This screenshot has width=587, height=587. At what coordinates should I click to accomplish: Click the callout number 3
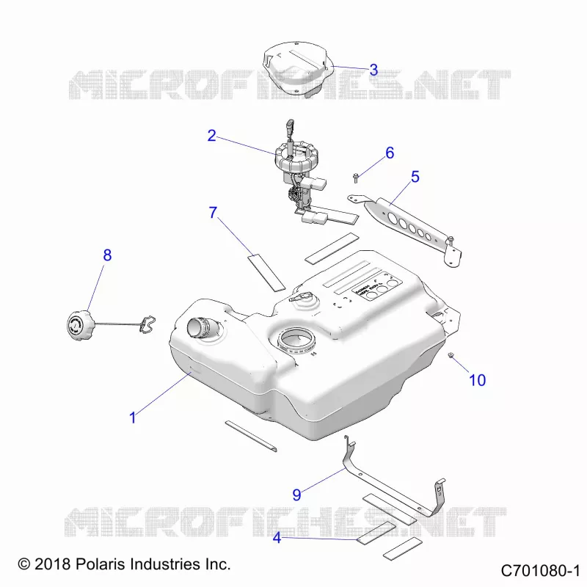coord(373,70)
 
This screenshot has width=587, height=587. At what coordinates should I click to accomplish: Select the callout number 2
coord(211,136)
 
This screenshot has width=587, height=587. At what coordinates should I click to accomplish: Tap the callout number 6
coord(390,153)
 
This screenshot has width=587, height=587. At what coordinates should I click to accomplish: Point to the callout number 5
coord(415,177)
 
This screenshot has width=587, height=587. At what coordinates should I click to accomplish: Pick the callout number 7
coord(213,212)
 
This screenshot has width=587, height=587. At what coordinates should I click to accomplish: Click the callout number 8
coord(107,255)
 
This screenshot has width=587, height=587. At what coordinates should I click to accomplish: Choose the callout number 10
coord(478,380)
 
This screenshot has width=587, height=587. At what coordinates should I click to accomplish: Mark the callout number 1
coord(133,418)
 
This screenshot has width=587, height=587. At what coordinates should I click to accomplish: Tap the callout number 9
coord(296,495)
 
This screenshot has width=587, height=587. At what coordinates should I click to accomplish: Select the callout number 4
coord(277,538)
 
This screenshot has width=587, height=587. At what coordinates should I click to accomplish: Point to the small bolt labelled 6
coord(356,178)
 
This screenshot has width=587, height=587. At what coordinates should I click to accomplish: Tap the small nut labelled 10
coord(451,354)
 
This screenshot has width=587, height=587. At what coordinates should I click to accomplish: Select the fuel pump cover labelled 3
coord(296,69)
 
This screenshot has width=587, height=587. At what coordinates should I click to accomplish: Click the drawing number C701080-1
coord(540,571)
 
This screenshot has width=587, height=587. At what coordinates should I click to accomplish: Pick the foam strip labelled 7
coord(266,272)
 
